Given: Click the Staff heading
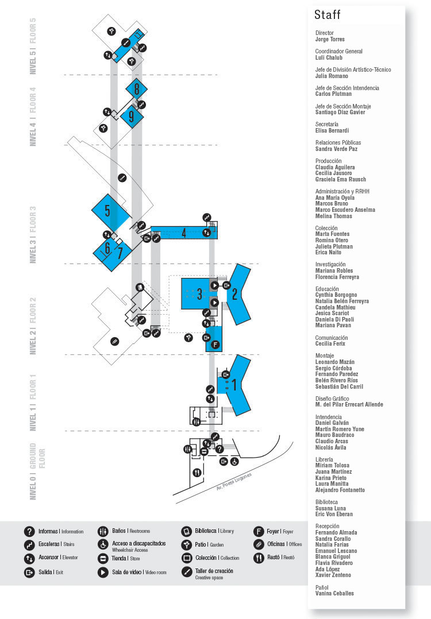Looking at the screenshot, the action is [x=327, y=15].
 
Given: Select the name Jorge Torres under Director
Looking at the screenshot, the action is [x=330, y=40].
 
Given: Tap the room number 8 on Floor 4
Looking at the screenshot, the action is [x=137, y=89].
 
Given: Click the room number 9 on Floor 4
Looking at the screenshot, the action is [x=131, y=117].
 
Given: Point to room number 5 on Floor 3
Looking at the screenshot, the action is [x=107, y=211].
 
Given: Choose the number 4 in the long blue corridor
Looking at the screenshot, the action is [x=184, y=233].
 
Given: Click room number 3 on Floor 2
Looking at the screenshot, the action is [x=199, y=294].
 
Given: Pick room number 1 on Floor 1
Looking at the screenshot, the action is [x=234, y=385].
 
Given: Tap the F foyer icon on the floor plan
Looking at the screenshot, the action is [x=215, y=345].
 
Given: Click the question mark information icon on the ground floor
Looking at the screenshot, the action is [x=220, y=449].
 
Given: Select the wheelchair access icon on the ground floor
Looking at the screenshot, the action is [x=234, y=461].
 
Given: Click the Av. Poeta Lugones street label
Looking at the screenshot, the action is [x=234, y=482].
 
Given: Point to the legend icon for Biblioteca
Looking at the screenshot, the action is [x=186, y=531].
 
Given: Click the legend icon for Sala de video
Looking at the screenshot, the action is [x=103, y=572].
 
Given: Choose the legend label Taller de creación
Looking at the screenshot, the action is [x=214, y=571].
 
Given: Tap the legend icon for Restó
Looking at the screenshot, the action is [x=259, y=558].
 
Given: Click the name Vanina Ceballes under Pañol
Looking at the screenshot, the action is [x=334, y=593].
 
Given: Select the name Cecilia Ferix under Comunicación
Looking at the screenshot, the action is [x=330, y=344].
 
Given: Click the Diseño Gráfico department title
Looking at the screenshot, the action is [x=332, y=399].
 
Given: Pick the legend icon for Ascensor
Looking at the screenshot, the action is [x=29, y=558].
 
